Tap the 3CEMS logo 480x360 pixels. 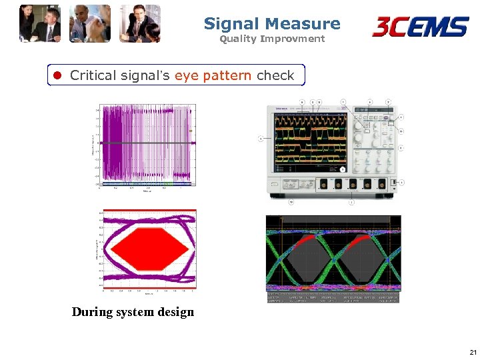[420, 27]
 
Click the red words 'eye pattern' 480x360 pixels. [213, 75]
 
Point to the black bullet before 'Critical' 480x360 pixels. [57, 75]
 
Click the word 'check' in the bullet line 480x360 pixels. [275, 75]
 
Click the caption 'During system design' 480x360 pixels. [133, 312]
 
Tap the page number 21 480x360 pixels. [473, 352]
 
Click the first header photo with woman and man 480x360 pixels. [40, 24]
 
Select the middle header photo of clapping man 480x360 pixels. [90, 24]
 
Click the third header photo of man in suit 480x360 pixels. [140, 24]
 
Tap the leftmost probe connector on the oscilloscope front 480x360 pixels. [323, 183]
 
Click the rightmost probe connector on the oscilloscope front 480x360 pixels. [382, 183]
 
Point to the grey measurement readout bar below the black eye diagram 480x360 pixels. [333, 297]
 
